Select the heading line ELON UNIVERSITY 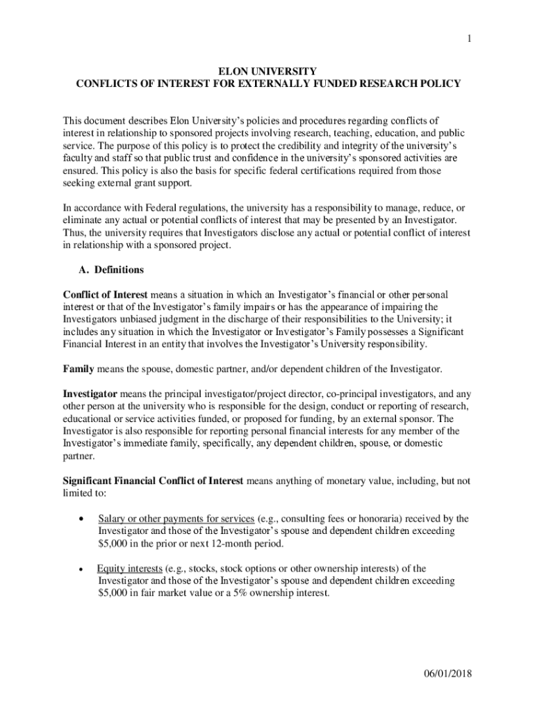click(x=267, y=71)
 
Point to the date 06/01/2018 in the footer click(x=448, y=674)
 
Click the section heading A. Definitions click(x=112, y=269)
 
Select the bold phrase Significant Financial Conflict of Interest click(x=153, y=480)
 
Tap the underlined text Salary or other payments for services click(x=176, y=519)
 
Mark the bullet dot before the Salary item click(x=83, y=519)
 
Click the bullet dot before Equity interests click(x=82, y=569)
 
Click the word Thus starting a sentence click(x=74, y=233)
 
